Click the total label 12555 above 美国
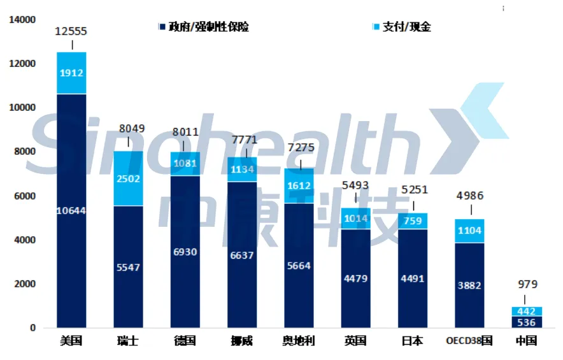[71, 31]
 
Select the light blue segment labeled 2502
[128, 178]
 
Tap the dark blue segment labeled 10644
[71, 211]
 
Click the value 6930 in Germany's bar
[185, 252]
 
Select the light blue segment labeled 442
[525, 312]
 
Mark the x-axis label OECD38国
[469, 341]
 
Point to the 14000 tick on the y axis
[22, 20]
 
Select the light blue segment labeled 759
[412, 221]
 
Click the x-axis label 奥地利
[298, 341]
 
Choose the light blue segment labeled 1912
[71, 73]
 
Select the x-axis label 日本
[412, 341]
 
